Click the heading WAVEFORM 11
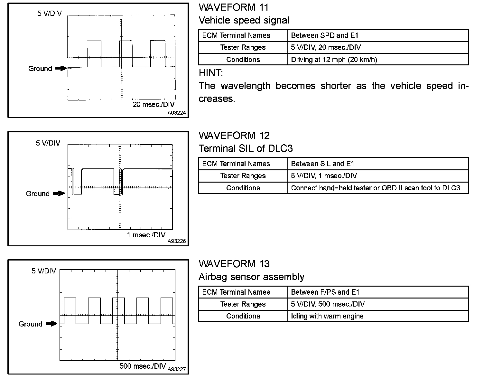[233, 7]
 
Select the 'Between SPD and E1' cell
[324, 35]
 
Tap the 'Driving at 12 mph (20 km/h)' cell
[334, 60]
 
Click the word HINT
[210, 73]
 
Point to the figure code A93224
[176, 113]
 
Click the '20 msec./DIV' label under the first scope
[154, 105]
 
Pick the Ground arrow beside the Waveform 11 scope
[61, 68]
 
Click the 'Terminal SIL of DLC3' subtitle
[246, 148]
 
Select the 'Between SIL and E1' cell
[322, 164]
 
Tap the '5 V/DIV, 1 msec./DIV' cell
[324, 176]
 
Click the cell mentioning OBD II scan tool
[375, 188]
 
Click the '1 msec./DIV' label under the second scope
[146, 235]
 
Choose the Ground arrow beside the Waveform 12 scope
[59, 194]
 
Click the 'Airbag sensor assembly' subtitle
[251, 277]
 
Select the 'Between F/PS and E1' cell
[325, 292]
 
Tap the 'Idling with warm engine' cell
[327, 316]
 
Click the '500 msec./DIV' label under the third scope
[142, 366]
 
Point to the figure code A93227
[177, 369]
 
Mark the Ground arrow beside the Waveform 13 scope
[51, 324]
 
